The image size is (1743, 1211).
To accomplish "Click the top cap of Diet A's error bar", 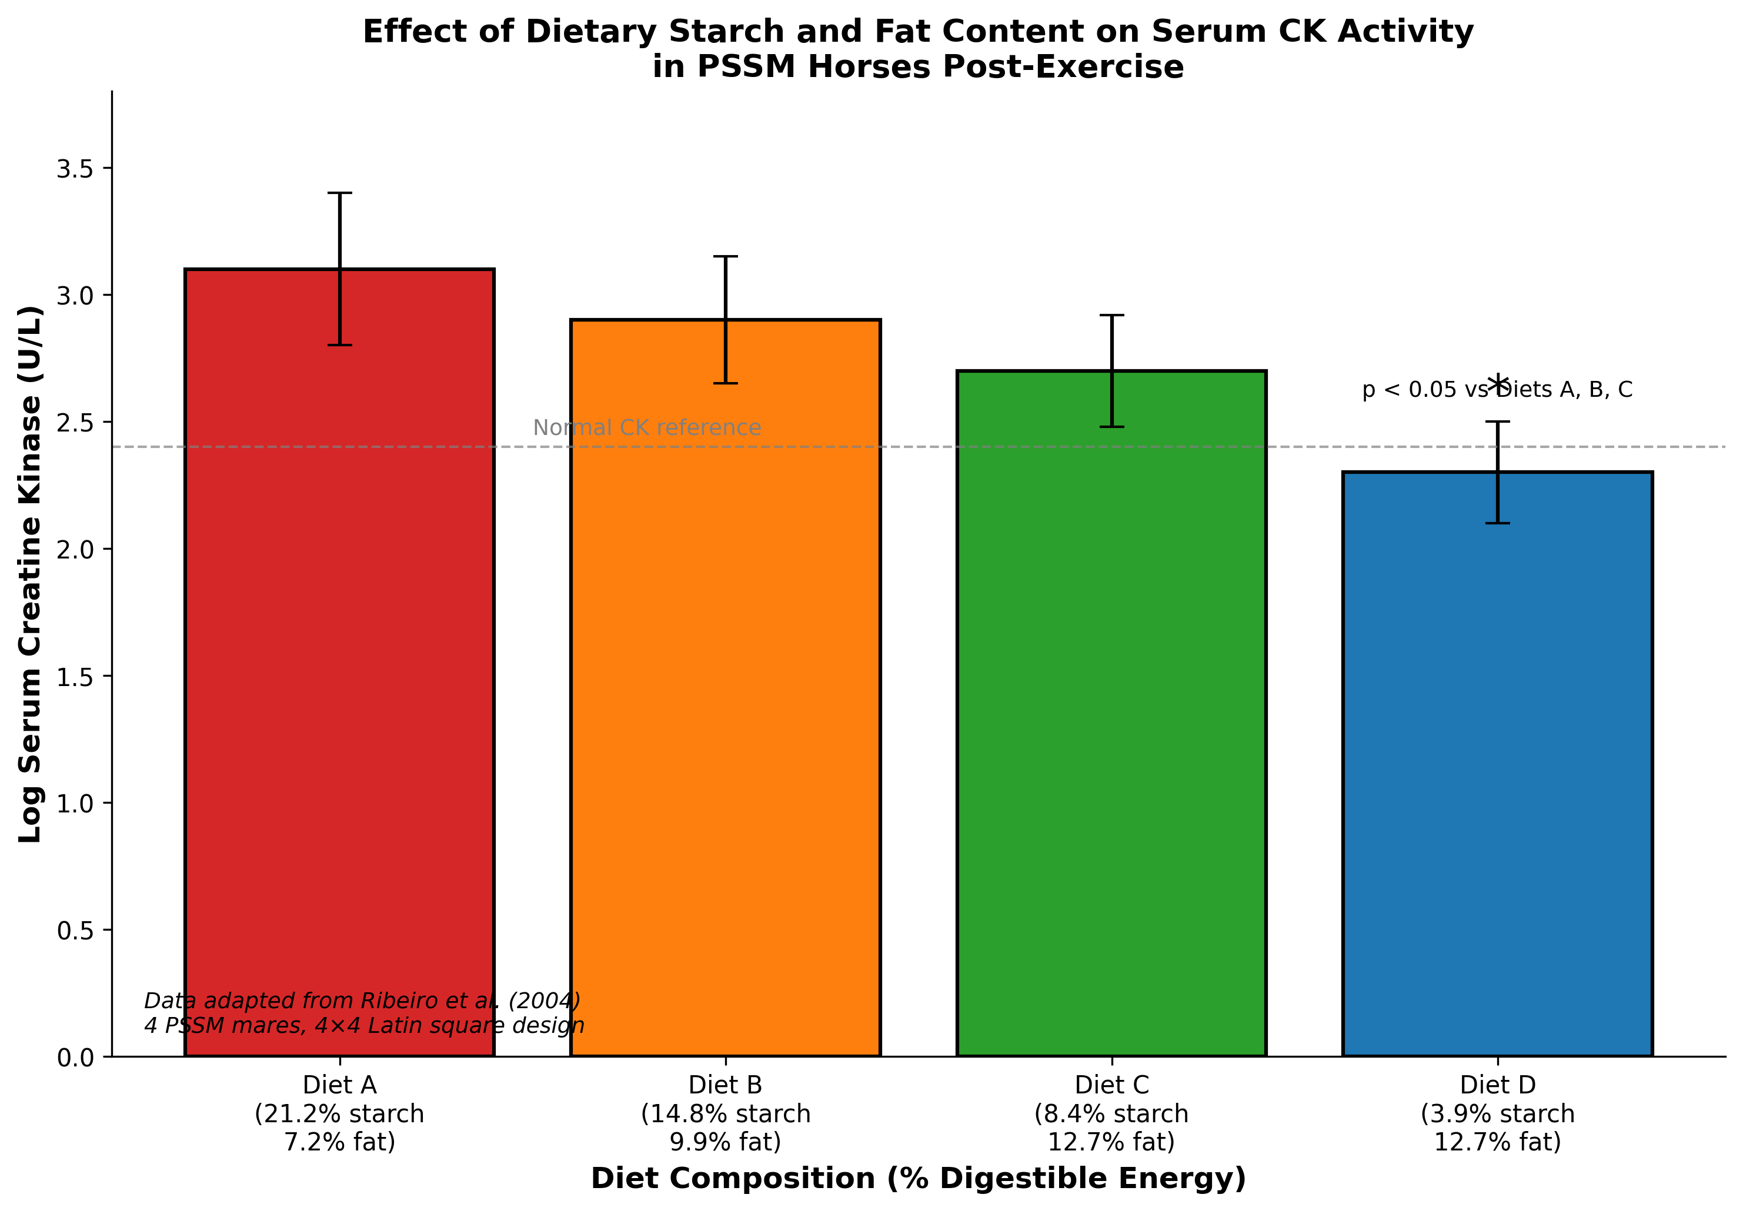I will (339, 193).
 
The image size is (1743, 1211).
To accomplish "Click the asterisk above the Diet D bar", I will (1497, 384).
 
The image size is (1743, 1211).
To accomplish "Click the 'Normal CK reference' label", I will (646, 428).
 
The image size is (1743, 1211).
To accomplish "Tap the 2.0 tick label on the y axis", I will (75, 549).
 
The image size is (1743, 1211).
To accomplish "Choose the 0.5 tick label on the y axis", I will (75, 930).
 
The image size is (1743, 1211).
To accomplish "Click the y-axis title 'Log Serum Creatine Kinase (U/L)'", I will (31, 574).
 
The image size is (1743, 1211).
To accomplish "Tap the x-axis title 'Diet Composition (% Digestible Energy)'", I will (918, 1178).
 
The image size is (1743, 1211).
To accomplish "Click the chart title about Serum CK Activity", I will (918, 49).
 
